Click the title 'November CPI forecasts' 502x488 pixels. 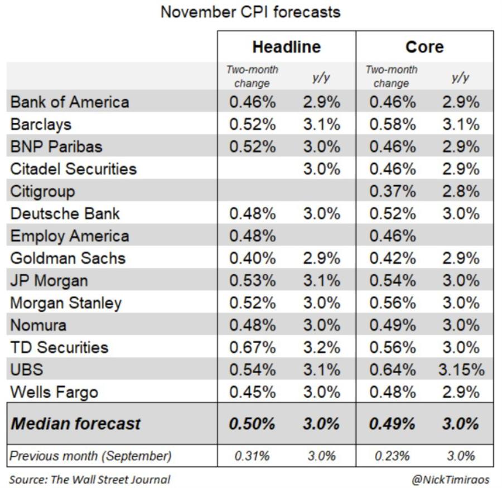point(250,12)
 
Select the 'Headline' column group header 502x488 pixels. point(286,47)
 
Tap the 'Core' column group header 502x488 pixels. point(424,47)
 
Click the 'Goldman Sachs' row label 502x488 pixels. point(67,258)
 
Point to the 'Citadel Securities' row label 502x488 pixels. point(73,169)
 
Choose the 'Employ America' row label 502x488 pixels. point(70,236)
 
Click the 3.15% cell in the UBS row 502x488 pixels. point(461,369)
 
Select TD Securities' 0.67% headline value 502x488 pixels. point(252,347)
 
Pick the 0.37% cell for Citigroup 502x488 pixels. point(392,191)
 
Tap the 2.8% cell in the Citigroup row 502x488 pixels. point(460,191)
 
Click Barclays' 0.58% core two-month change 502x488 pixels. point(392,124)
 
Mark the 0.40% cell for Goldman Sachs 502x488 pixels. point(252,258)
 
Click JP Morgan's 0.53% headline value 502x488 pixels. point(252,280)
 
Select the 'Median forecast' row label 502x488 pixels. point(76,423)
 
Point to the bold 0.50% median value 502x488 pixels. point(252,423)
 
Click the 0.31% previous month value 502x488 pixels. point(252,456)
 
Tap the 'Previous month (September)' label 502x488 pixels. point(91,456)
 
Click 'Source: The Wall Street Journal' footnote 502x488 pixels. point(90,479)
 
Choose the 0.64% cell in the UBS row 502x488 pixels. point(392,369)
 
